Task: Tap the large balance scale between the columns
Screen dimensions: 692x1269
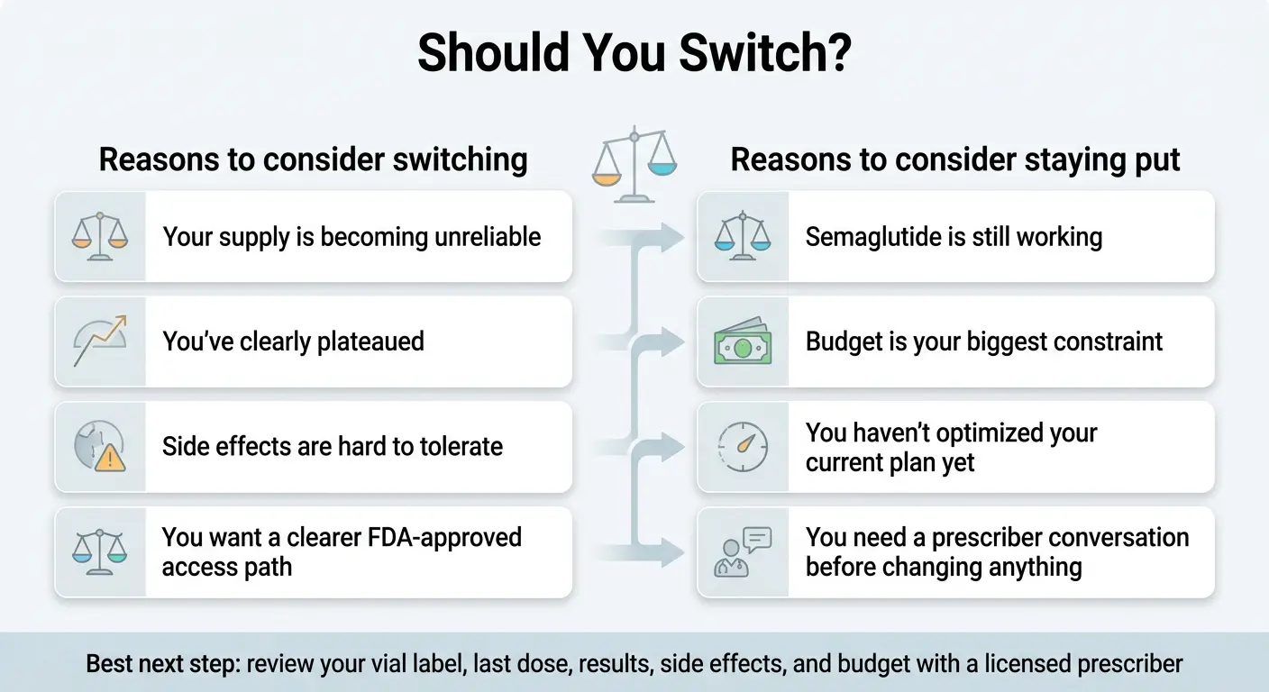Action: (634, 161)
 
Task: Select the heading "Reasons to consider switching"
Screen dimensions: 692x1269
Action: (313, 159)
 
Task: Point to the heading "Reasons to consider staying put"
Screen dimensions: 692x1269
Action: (954, 159)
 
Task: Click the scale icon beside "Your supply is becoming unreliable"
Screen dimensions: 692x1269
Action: (99, 236)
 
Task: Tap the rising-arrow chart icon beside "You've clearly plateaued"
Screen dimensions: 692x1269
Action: (99, 341)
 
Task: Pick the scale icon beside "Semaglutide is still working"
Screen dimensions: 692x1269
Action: (743, 236)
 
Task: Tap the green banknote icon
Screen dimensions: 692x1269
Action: (743, 342)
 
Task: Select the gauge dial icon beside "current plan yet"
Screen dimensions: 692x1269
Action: (743, 447)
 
